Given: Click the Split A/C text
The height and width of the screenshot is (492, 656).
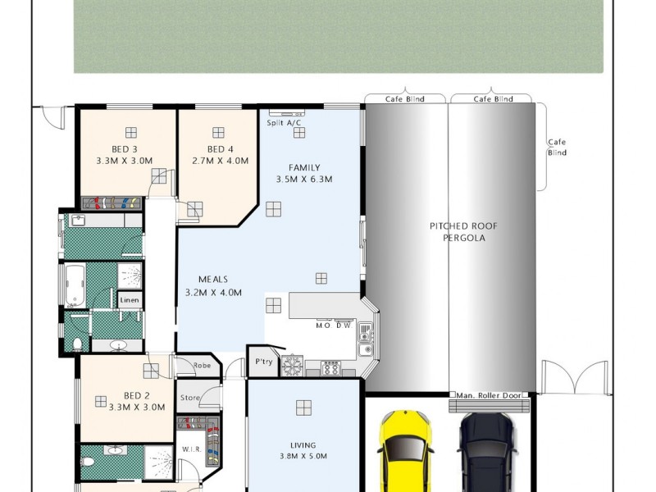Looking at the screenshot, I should (285, 123).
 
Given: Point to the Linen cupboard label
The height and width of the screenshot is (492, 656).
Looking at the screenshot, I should (130, 301).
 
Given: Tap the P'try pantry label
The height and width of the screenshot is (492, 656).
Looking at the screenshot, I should (263, 361).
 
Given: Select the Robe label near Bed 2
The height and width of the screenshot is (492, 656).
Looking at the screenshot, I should (202, 367).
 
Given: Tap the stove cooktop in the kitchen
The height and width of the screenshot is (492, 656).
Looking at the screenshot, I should (331, 368).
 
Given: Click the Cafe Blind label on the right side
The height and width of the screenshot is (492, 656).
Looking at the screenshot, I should (557, 148).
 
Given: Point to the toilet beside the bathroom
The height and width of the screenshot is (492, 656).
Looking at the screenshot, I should (76, 343).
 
